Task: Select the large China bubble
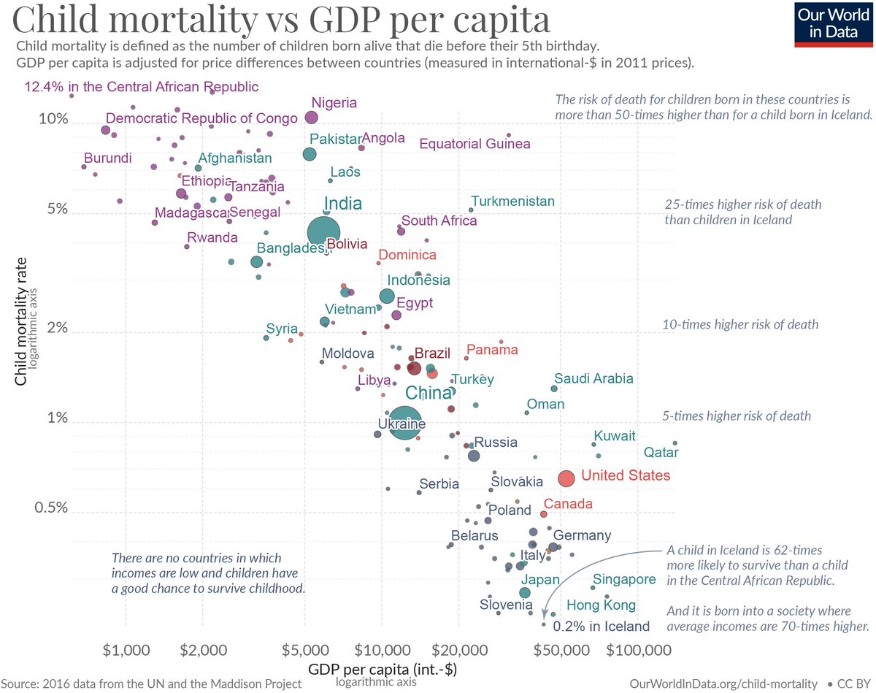point(404,424)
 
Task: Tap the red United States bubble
point(566,478)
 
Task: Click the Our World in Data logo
point(833,25)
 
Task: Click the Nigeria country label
point(334,103)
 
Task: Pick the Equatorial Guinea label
point(474,144)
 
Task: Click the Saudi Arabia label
point(593,378)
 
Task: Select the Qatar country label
point(661,453)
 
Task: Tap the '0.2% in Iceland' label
point(601,627)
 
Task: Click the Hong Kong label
point(601,605)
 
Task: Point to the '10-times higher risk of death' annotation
point(740,324)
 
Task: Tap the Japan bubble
point(524,593)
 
